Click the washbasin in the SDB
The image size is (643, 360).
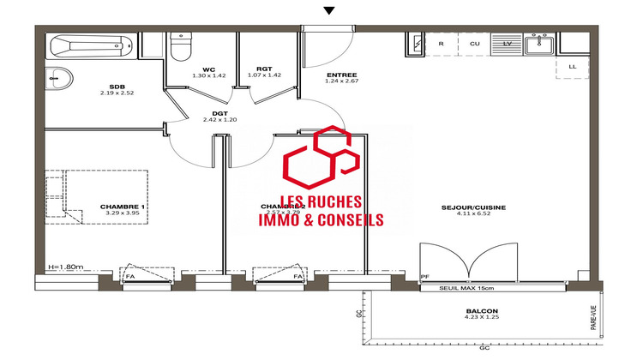pyautogui.click(x=57, y=78)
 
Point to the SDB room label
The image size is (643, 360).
pyautogui.click(x=117, y=87)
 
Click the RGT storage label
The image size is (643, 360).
pyautogui.click(x=263, y=69)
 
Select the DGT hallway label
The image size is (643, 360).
pyautogui.click(x=219, y=114)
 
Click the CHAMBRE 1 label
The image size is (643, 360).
pyautogui.click(x=123, y=207)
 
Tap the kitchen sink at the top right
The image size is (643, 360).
pyautogui.click(x=541, y=43)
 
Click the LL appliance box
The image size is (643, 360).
pyautogui.click(x=572, y=65)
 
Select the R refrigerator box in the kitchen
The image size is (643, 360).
pyautogui.click(x=441, y=43)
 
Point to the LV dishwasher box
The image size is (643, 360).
pyautogui.click(x=507, y=43)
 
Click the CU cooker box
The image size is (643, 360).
pyautogui.click(x=474, y=43)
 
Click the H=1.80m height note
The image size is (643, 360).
pyautogui.click(x=68, y=267)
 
